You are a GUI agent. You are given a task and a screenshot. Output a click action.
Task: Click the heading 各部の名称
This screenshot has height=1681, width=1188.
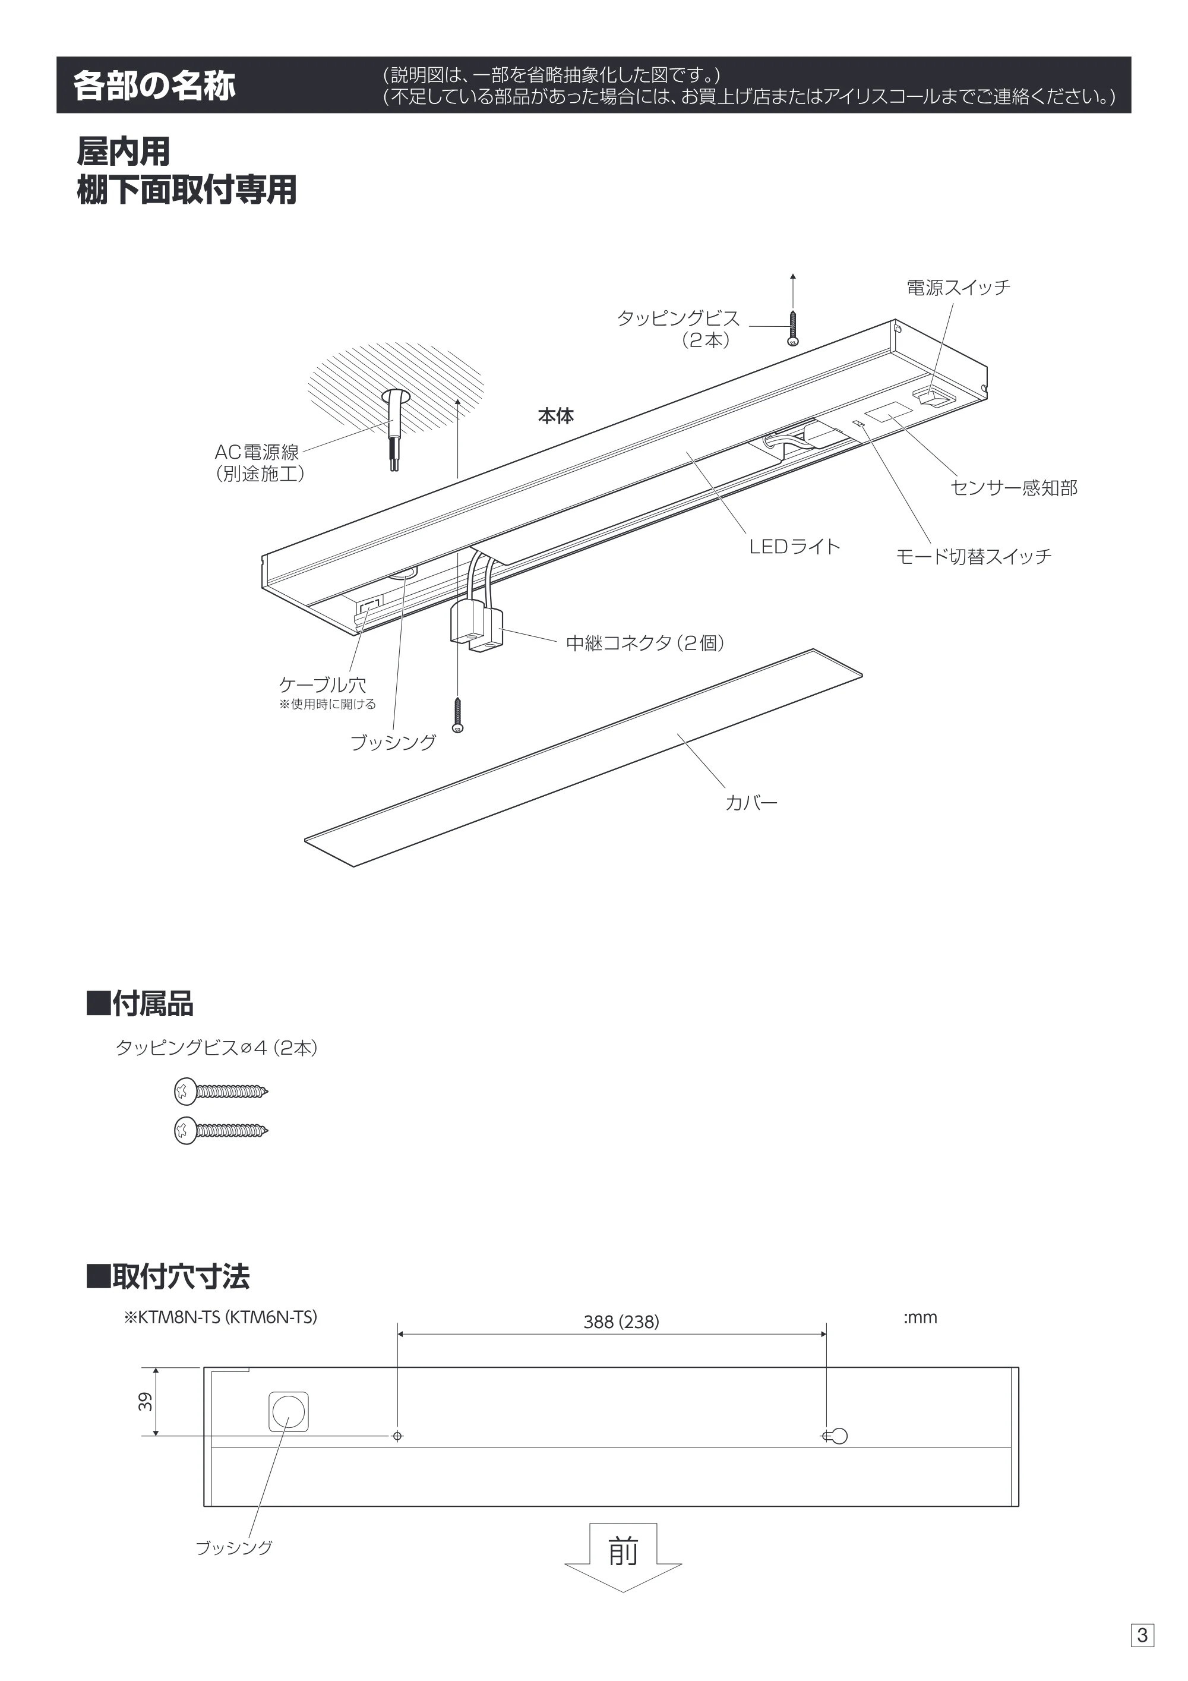154,86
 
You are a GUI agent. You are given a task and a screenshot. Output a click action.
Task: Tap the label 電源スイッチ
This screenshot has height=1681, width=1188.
958,288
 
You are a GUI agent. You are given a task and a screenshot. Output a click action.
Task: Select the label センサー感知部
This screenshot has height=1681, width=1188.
1014,488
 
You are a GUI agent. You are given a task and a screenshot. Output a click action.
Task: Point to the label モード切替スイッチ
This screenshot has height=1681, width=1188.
974,556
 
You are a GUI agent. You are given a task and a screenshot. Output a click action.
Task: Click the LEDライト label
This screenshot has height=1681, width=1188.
794,546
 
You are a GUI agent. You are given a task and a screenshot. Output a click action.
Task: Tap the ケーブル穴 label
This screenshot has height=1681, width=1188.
323,685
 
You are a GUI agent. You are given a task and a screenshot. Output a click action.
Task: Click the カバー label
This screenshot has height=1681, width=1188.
751,802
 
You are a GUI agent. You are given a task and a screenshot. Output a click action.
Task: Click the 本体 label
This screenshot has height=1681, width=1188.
555,416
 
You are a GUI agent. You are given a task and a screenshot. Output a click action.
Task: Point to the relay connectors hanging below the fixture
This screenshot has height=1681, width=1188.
476,627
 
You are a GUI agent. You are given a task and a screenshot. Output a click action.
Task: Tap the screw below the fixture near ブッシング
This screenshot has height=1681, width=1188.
458,715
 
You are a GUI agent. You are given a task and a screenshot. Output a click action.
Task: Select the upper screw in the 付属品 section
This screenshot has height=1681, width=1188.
221,1092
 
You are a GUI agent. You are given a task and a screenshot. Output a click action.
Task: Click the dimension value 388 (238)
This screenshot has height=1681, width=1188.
621,1322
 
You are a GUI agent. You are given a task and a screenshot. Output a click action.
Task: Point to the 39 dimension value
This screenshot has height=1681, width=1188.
146,1401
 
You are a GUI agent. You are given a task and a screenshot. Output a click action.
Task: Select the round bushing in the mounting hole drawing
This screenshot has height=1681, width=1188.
289,1411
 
